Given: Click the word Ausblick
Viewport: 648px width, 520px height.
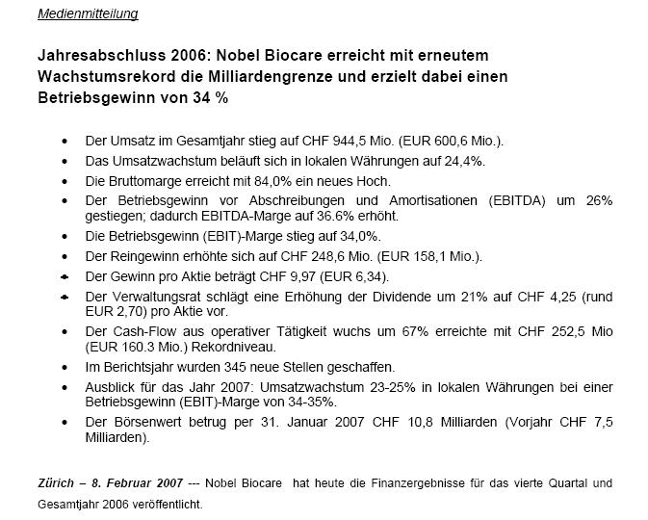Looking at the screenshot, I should pyautogui.click(x=110, y=388).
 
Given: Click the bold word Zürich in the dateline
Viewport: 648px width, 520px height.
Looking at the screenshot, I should pyautogui.click(x=56, y=482).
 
